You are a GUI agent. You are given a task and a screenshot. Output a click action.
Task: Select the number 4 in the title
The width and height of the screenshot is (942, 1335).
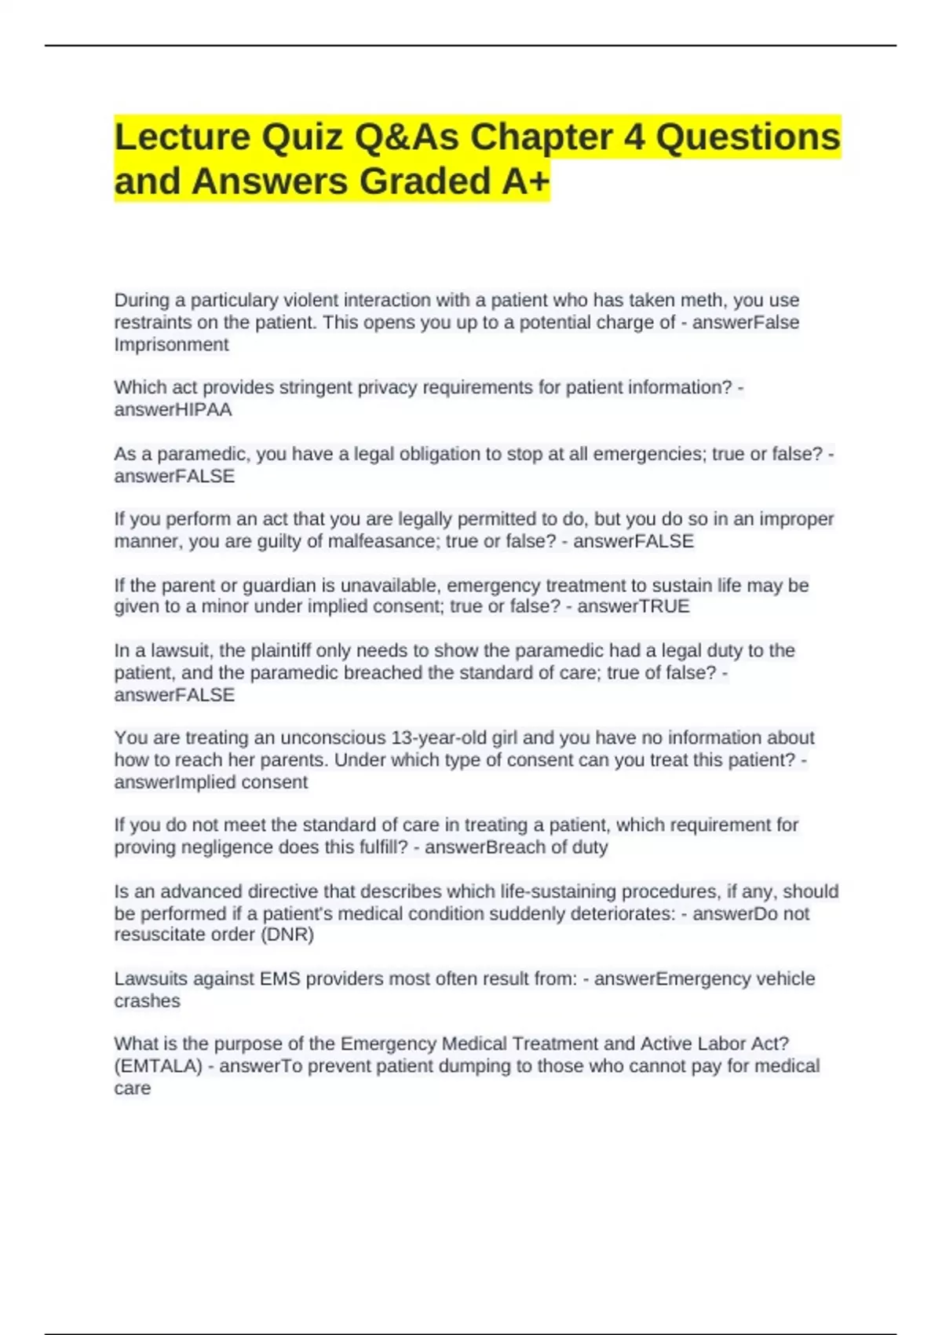[634, 137]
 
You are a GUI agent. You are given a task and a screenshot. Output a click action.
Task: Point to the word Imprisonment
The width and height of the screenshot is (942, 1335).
[171, 345]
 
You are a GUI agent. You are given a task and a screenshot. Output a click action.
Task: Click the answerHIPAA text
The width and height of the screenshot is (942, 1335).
[173, 410]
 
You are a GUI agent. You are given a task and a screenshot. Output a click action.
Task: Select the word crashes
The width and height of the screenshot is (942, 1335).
[147, 1001]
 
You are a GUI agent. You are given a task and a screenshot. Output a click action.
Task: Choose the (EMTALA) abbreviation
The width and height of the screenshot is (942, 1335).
[158, 1066]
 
